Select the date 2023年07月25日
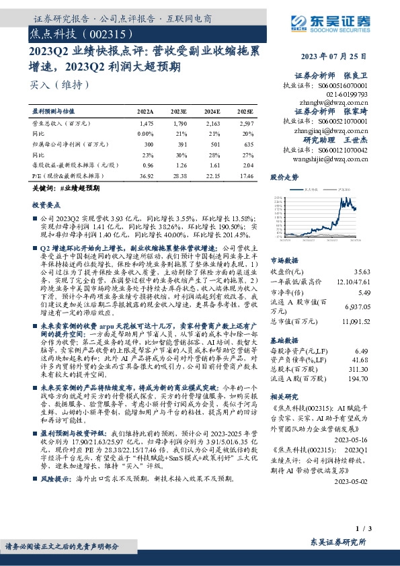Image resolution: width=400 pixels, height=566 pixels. coord(331,56)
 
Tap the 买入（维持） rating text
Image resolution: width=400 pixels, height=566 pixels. coord(50,85)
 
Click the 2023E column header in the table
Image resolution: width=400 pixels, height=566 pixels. coord(178,111)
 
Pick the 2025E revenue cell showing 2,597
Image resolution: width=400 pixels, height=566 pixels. coord(246,124)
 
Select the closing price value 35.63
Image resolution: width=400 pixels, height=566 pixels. coord(360,272)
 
